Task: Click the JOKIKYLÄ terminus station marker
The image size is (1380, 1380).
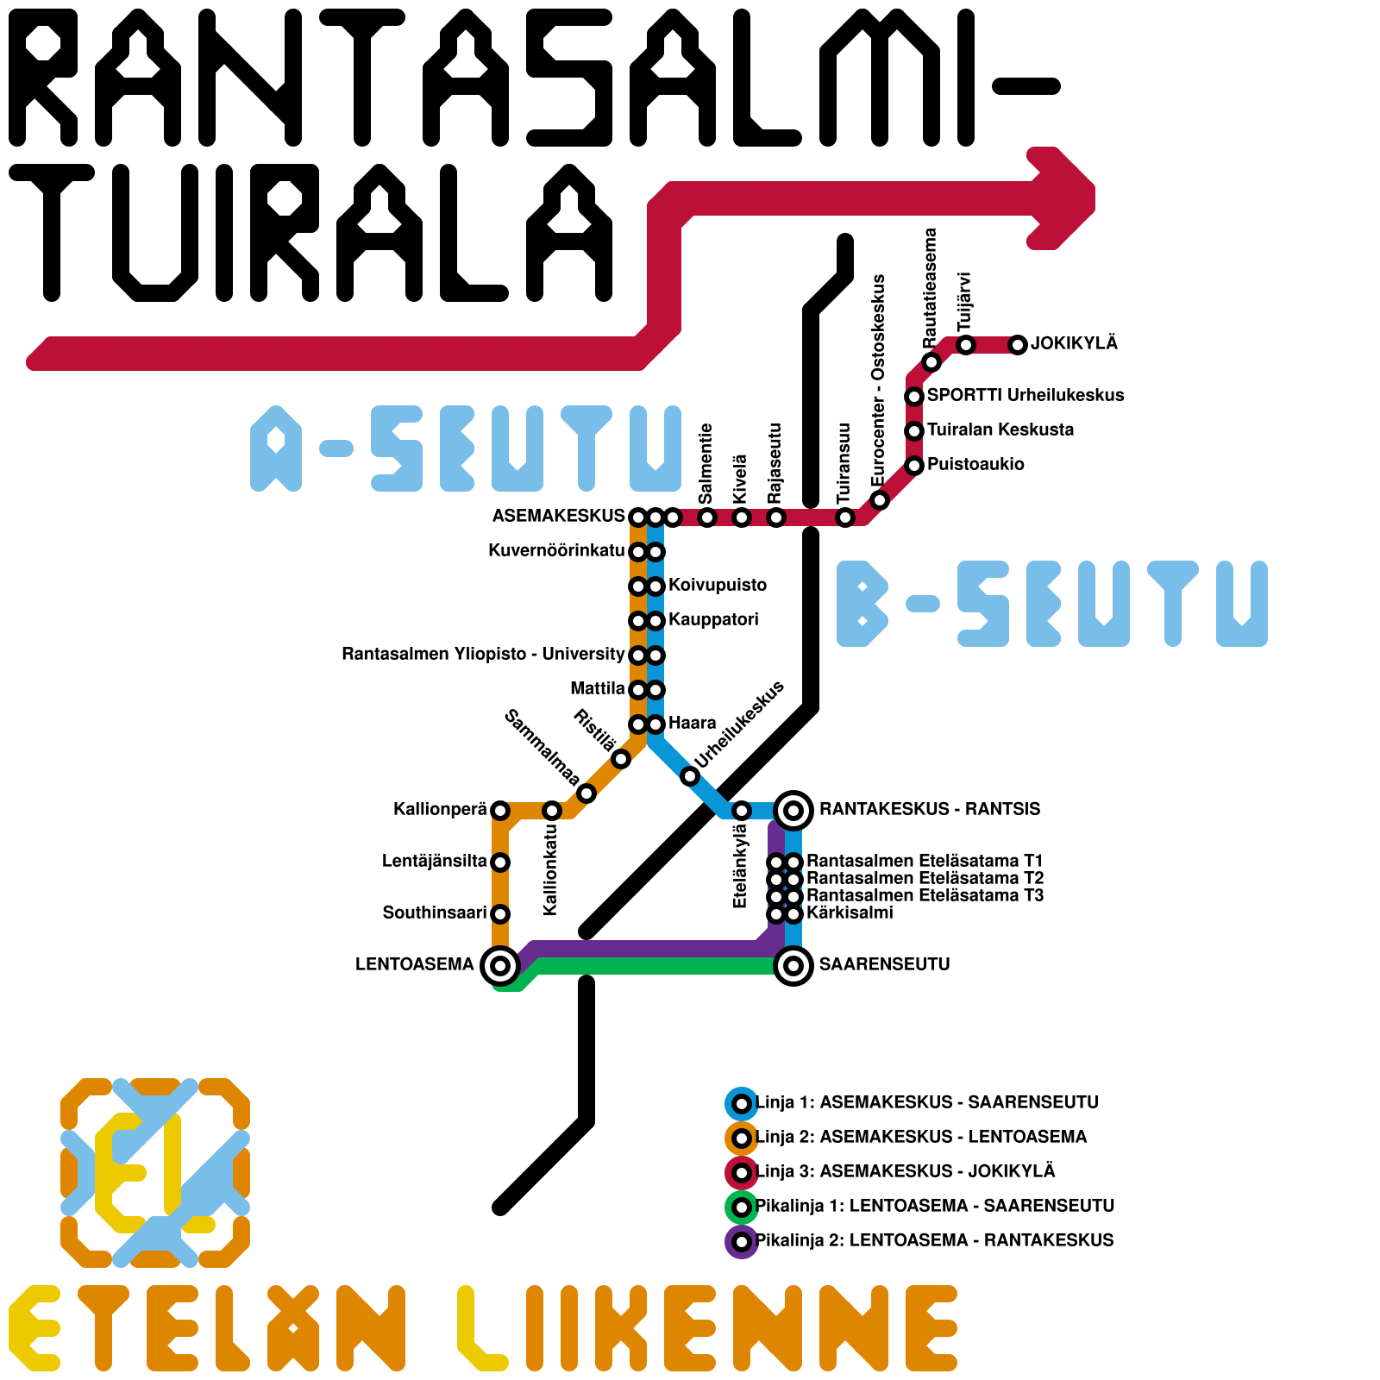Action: coord(1018,345)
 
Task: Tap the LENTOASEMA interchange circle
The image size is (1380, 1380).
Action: coord(499,965)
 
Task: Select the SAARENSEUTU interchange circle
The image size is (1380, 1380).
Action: coord(793,965)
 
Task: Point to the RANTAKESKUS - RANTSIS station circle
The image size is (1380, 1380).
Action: coord(793,810)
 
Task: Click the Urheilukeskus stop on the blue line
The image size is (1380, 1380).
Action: coord(690,776)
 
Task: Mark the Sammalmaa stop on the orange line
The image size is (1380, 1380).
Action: coord(586,793)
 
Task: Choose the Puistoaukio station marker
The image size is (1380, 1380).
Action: coord(914,466)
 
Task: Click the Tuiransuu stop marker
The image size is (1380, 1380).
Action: coord(845,517)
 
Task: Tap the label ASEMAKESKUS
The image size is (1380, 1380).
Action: coord(558,516)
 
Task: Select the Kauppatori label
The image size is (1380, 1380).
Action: coord(713,619)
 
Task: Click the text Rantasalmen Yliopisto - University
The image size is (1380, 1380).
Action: coord(483,654)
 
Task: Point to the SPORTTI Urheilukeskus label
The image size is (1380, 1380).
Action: coord(1026,395)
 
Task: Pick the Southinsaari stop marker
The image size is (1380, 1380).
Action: coord(500,913)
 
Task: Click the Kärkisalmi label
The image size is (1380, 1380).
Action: coord(850,913)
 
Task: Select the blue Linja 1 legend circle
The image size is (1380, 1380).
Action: coord(741,1103)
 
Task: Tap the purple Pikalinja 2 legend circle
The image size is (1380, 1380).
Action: coord(741,1242)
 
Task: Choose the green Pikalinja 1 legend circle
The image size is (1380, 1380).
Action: coord(741,1207)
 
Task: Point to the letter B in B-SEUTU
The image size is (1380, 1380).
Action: coord(862,604)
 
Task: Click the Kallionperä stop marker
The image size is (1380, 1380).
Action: coord(500,811)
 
